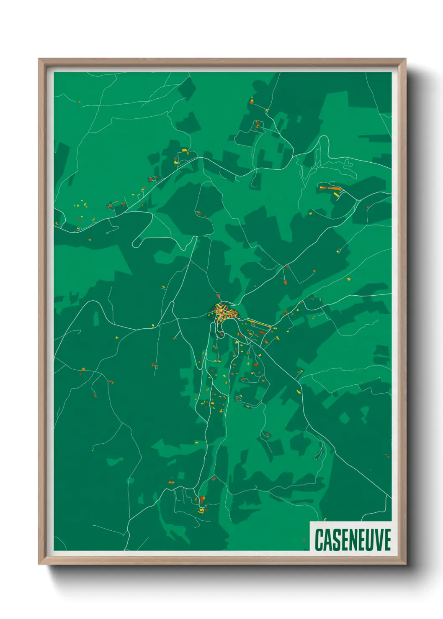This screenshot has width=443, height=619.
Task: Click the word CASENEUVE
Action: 353,540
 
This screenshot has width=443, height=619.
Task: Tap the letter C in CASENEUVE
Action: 319,540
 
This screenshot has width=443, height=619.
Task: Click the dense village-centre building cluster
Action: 224,312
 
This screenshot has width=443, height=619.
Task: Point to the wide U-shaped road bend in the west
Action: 142,238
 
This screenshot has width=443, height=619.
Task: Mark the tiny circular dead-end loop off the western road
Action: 108,232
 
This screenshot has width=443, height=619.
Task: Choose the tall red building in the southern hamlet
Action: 202,499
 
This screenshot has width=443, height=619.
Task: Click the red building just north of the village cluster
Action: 218,296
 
